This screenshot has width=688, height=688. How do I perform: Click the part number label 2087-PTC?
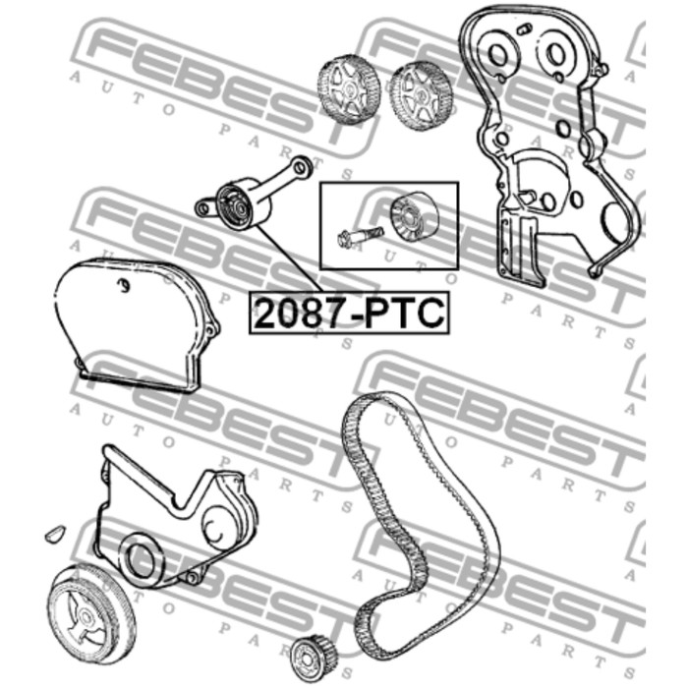click(x=350, y=313)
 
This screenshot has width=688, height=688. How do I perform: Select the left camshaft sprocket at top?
click(x=349, y=90)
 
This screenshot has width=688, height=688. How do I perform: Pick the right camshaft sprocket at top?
click(x=421, y=95)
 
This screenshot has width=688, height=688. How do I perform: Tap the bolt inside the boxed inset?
click(x=361, y=236)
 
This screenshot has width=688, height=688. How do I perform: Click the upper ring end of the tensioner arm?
click(x=302, y=165)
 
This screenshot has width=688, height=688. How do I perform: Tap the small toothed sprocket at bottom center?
click(x=314, y=659)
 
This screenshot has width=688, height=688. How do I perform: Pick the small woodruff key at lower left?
click(x=55, y=533)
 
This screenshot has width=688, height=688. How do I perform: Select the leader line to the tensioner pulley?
click(x=289, y=258)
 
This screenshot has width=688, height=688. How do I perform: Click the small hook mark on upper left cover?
click(x=125, y=286)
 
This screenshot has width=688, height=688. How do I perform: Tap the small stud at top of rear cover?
click(x=524, y=29)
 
